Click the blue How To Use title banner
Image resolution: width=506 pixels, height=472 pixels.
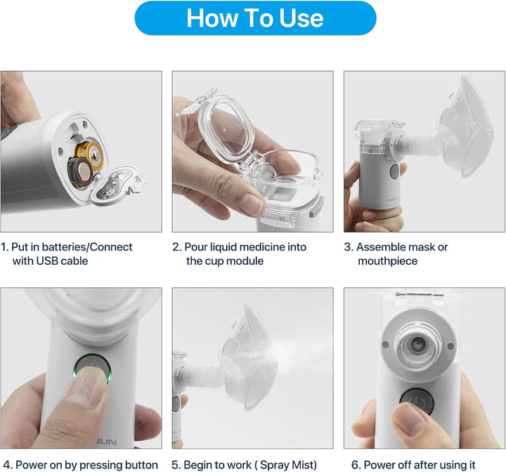click(255, 18)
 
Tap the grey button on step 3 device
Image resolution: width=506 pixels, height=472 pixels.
click(395, 171)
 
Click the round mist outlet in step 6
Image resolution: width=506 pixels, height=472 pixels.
click(418, 343)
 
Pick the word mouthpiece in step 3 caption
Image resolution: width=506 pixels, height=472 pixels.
click(387, 261)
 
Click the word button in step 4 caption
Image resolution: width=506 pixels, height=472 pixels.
click(141, 464)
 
